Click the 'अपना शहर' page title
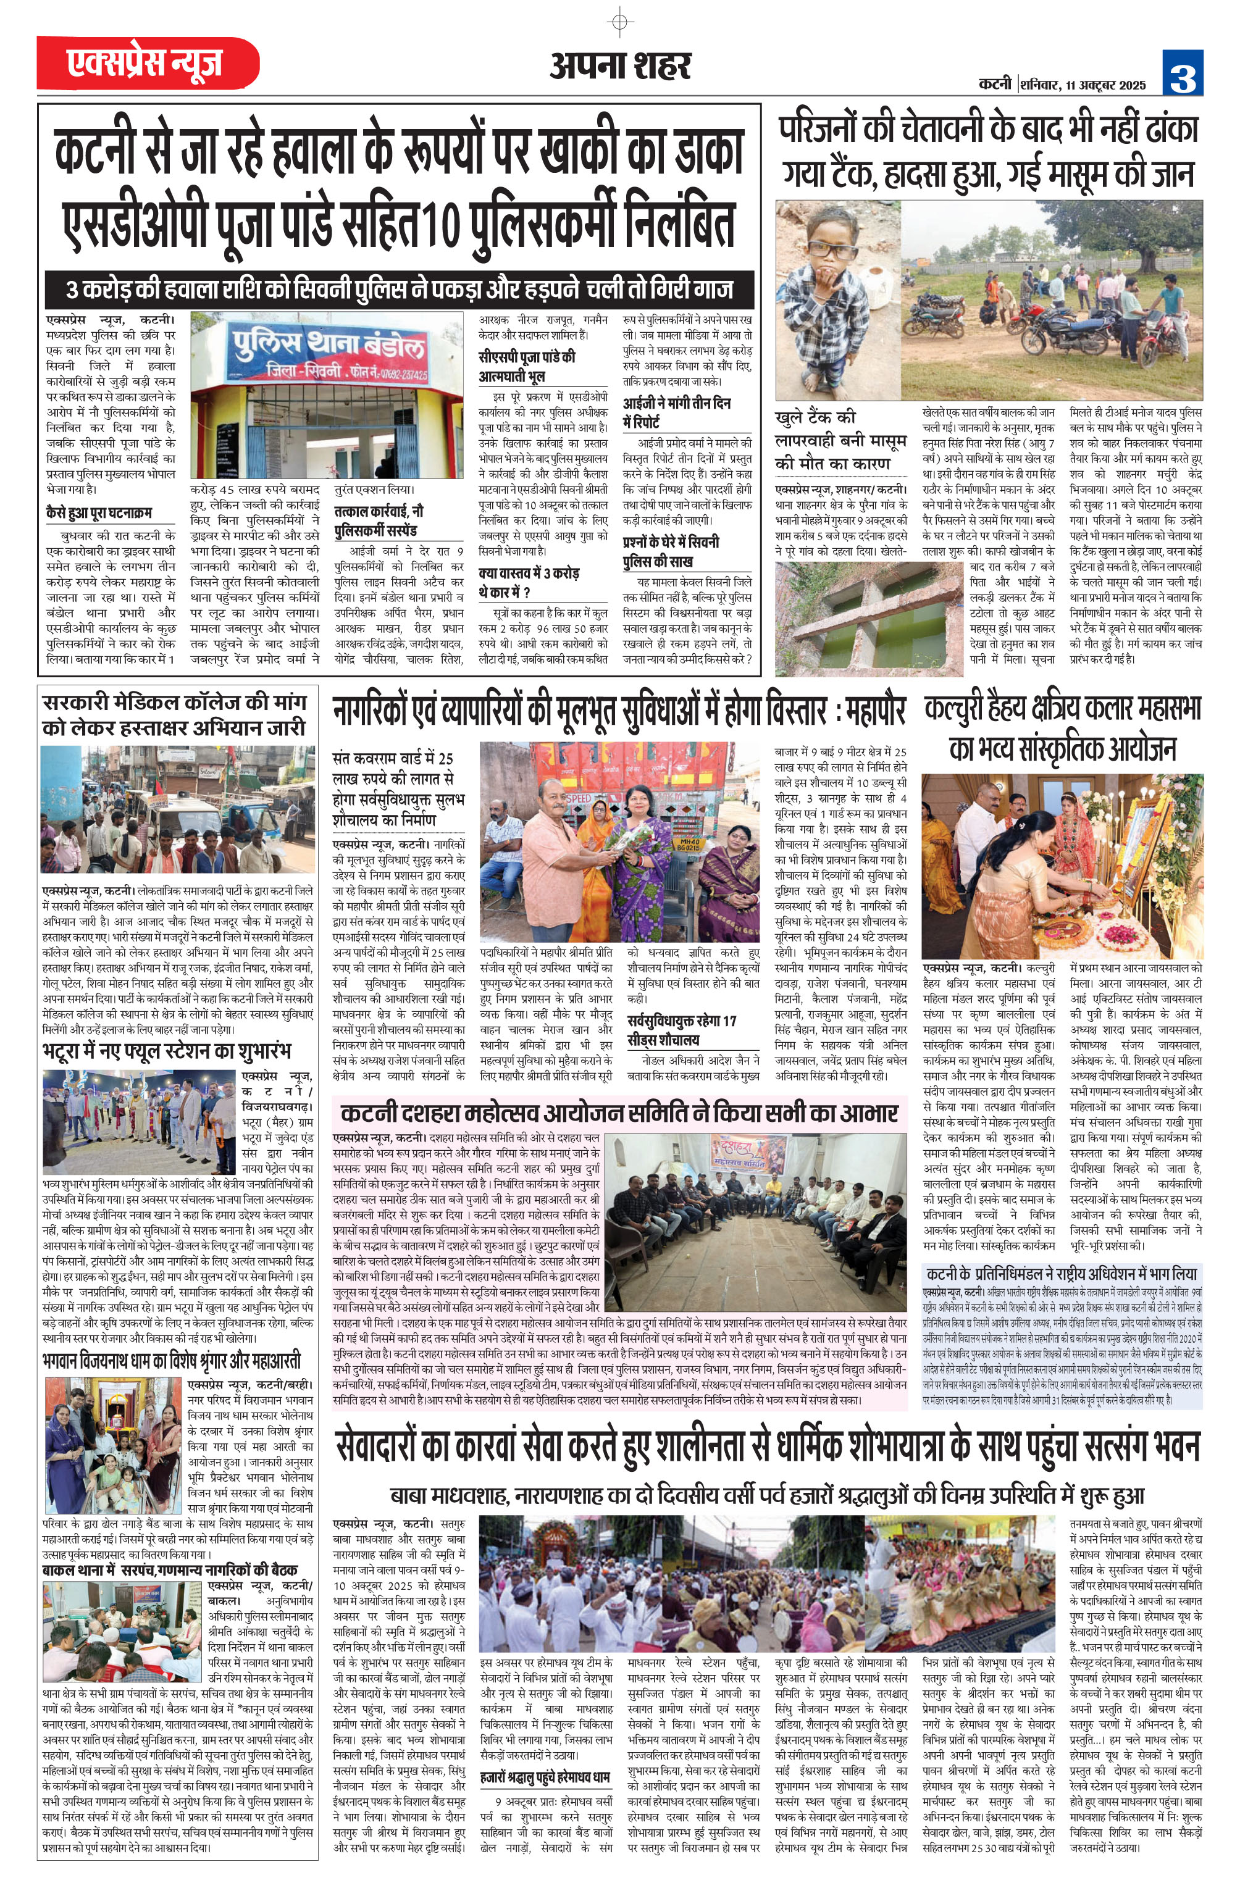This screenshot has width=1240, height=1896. tap(619, 66)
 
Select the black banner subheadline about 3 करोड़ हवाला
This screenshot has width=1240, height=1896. tap(398, 288)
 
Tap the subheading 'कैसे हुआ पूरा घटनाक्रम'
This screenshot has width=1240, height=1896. tap(99, 512)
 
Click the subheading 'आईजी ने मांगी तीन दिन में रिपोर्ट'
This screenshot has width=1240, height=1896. tap(677, 412)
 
